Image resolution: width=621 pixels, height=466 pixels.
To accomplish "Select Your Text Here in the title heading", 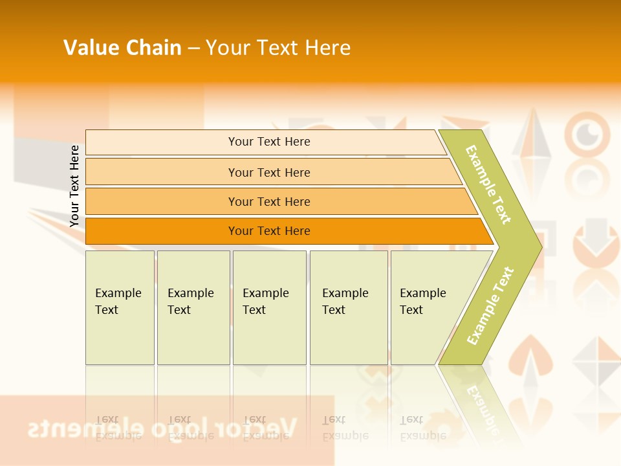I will coord(278,48).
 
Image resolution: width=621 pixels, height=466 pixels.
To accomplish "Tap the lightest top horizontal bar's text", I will coord(269,142).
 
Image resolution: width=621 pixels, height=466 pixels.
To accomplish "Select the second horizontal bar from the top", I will coord(269,172).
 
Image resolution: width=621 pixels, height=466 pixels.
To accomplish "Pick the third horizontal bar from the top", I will coord(269,201).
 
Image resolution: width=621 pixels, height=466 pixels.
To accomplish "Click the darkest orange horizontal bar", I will coord(269,231).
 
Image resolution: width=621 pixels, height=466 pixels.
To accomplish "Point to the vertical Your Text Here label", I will coord(74,186).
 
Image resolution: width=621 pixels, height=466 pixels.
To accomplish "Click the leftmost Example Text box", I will coord(120,307).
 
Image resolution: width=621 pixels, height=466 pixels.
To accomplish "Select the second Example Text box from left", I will coord(193,307).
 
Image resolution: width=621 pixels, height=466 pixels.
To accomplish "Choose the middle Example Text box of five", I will coord(269,307).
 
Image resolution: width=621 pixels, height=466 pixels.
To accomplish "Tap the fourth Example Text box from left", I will coord(348,307).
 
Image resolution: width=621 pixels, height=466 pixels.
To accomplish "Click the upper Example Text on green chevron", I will coord(489,185).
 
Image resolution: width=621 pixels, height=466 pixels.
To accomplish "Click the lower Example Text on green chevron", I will coord(490,305).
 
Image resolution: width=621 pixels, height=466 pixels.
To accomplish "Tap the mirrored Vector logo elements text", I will coord(162,428).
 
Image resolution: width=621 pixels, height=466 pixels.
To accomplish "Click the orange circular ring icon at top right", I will coord(587,134).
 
